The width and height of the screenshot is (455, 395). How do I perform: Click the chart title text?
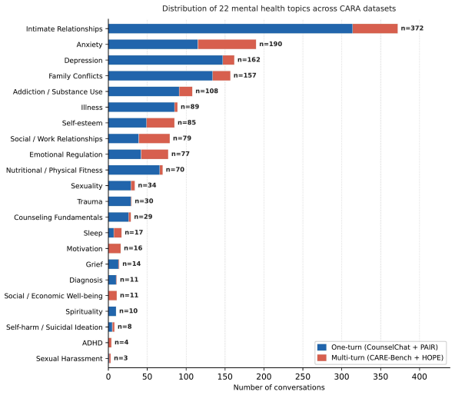click(279, 8)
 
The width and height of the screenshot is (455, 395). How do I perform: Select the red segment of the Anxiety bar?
click(227, 45)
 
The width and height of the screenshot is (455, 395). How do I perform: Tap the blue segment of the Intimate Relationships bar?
click(231, 28)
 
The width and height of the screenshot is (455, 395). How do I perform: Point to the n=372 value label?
click(412, 28)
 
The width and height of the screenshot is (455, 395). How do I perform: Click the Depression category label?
click(83, 61)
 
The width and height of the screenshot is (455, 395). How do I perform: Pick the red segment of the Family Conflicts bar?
click(221, 76)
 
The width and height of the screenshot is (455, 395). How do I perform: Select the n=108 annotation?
click(207, 91)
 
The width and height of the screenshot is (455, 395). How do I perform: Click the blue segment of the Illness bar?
click(141, 107)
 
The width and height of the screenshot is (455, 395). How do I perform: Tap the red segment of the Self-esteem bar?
click(161, 123)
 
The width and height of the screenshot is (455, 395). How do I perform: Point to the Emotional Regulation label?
click(66, 154)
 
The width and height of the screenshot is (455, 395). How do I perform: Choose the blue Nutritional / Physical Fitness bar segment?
click(134, 170)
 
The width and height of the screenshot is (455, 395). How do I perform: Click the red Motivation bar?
click(115, 248)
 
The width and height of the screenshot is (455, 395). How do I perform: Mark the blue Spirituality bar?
click(112, 311)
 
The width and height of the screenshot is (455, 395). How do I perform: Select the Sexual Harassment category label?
click(69, 358)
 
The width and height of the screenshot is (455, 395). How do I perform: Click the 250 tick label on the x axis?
click(303, 377)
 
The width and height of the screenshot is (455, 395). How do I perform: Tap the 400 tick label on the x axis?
click(420, 377)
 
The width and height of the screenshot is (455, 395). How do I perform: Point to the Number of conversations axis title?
click(279, 387)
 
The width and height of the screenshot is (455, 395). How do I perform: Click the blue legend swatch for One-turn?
click(322, 347)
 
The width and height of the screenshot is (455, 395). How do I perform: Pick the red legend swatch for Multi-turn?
click(322, 357)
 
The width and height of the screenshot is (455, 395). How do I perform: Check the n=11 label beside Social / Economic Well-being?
click(129, 295)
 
